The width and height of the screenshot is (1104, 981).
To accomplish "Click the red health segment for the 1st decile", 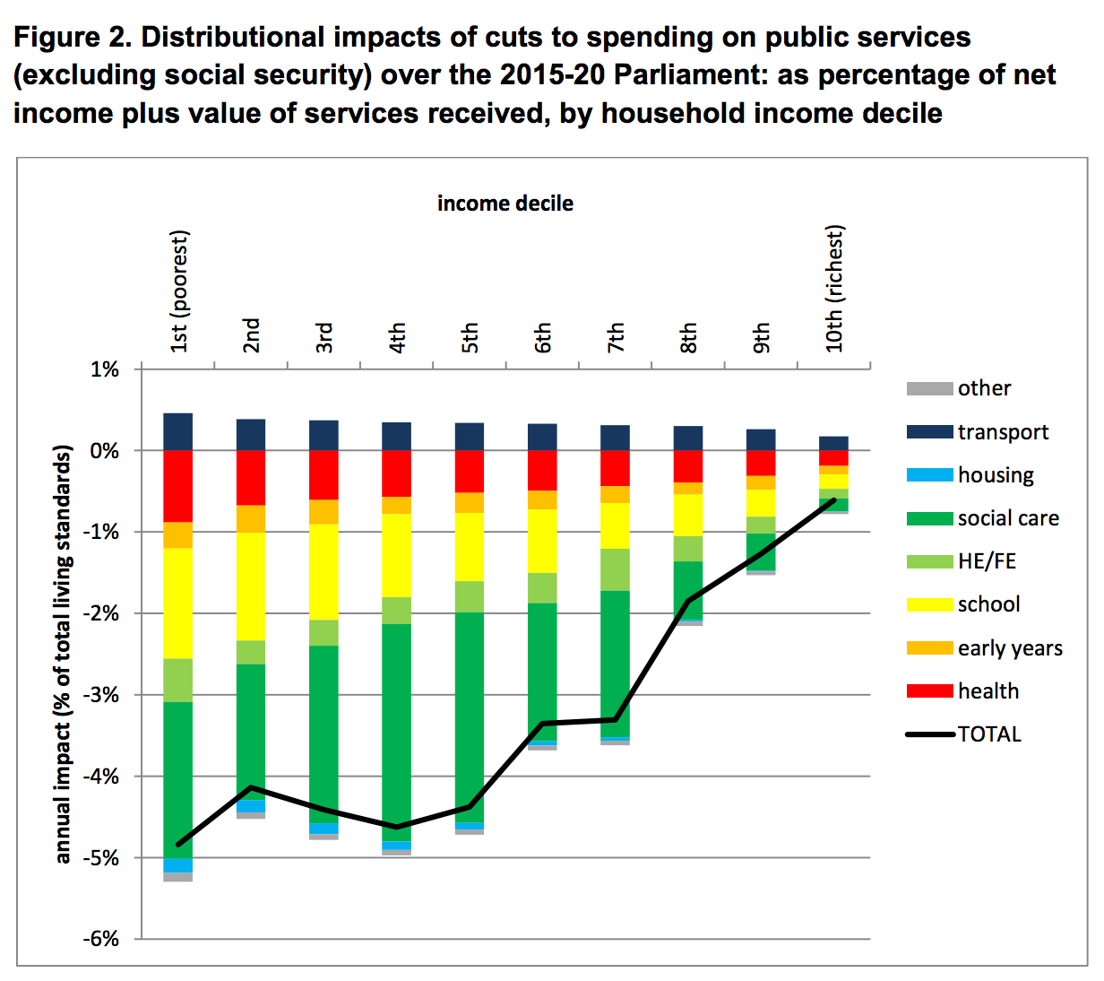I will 177,485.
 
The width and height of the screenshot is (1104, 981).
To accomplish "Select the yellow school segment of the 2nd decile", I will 251,586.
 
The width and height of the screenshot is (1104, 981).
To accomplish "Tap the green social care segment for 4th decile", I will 396,732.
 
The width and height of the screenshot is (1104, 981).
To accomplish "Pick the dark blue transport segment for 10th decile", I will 833,443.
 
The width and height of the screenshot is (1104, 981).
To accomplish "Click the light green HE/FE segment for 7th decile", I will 615,569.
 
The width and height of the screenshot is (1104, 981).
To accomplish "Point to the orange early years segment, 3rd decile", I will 323,511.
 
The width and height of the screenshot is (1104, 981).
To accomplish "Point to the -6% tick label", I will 101,939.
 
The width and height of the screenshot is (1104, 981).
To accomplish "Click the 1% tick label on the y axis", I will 105,369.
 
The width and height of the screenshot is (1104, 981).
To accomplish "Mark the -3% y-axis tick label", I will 101,695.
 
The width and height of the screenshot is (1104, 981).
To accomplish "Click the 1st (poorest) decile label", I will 179,291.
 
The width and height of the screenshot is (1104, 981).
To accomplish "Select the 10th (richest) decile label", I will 834,288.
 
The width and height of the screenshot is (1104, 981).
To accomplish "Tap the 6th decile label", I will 543,336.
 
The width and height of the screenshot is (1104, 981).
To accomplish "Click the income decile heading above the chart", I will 505,204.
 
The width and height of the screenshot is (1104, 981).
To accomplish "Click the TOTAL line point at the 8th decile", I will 688,601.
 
